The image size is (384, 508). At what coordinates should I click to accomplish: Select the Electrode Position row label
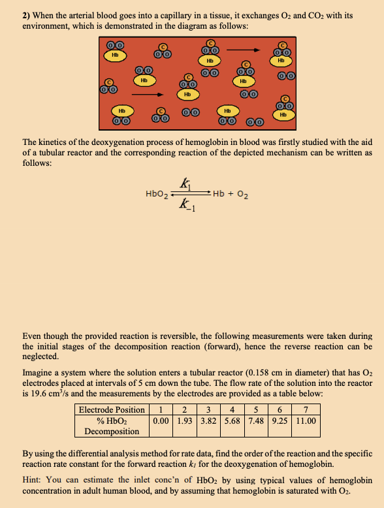click(112, 409)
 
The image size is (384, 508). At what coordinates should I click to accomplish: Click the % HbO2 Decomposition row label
click(112, 426)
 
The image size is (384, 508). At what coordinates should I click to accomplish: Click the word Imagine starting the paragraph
click(39, 372)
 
